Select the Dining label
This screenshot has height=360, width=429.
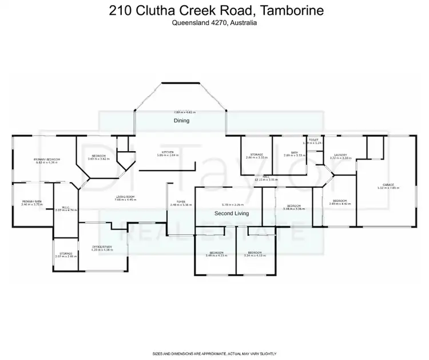[181, 121]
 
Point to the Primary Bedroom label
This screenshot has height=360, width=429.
[47, 159]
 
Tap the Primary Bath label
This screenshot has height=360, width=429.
[31, 201]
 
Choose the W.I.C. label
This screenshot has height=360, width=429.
[65, 207]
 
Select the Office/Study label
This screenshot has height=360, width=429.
[102, 247]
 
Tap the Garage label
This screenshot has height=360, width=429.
[388, 185]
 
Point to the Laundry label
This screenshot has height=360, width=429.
[340, 155]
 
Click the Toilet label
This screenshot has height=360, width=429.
[313, 140]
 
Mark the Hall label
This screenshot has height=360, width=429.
[267, 176]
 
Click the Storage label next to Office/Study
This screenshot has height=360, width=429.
[65, 254]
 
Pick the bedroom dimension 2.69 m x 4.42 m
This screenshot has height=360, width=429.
[341, 203]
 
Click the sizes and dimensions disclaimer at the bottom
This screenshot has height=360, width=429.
[214, 354]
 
